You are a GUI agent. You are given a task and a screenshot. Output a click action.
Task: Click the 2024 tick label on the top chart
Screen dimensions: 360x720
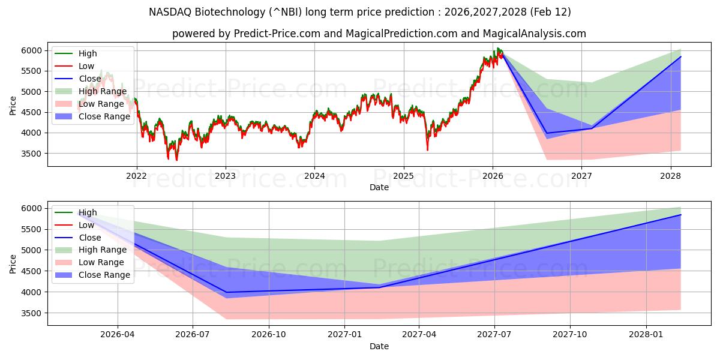[314, 176]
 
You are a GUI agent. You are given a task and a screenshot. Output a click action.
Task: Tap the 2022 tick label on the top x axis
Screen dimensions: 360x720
[136, 176]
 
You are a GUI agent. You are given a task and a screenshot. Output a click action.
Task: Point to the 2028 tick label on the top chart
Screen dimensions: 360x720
[670, 176]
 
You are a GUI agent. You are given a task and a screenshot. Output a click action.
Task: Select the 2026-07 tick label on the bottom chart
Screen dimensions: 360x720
[193, 335]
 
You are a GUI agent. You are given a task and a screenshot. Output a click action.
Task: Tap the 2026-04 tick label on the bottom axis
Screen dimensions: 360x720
[118, 335]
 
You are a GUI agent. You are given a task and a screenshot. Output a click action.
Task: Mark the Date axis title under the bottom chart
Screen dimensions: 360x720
[379, 346]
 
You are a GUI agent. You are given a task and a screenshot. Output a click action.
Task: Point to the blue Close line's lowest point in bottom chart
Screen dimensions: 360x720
[227, 292]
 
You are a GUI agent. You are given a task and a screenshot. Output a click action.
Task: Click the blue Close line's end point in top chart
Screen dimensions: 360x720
[680, 56]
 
